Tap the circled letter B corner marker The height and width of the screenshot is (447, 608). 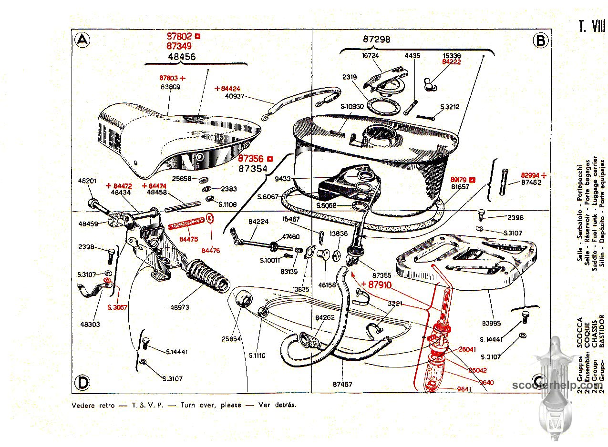540,41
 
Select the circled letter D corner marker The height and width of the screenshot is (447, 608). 83,382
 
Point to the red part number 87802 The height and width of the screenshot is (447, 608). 179,36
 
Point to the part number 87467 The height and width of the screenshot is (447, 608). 342,384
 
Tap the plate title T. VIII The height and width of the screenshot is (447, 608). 592,26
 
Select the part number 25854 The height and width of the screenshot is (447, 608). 231,339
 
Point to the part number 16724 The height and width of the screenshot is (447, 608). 371,56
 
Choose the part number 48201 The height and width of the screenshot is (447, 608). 87,181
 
